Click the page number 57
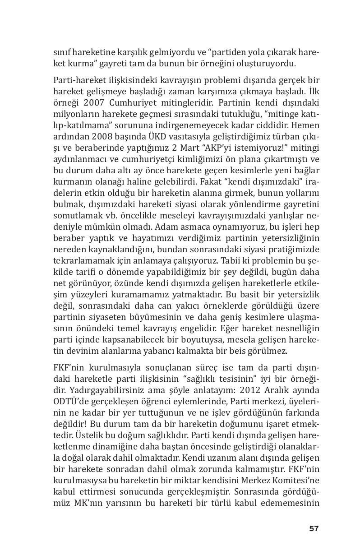314,528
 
